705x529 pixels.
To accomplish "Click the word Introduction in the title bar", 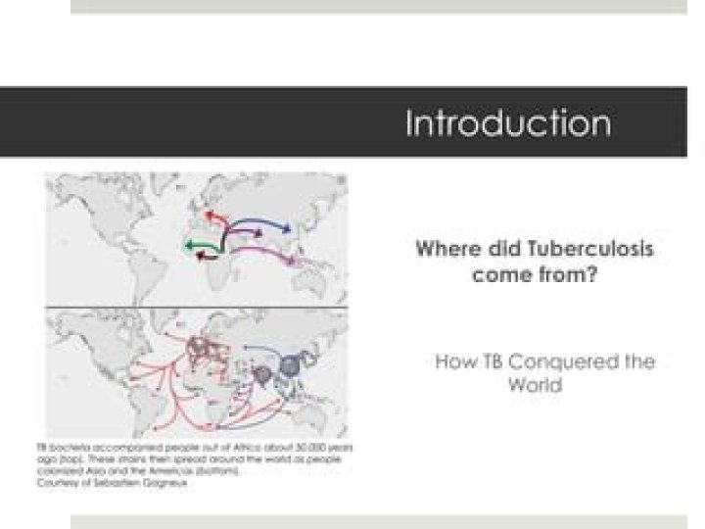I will click(x=508, y=124).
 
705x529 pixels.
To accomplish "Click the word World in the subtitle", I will click(x=536, y=385).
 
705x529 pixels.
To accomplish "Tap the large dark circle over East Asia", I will click(x=291, y=366).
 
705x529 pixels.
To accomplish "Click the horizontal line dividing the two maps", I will click(x=196, y=306).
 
